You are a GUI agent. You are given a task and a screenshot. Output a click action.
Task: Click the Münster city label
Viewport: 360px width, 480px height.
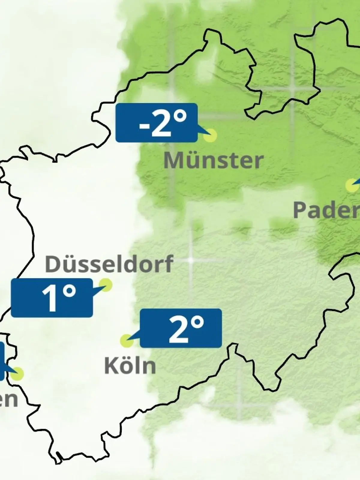pyautogui.click(x=213, y=160)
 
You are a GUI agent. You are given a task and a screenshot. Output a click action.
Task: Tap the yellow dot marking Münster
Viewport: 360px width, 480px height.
pyautogui.click(x=210, y=135)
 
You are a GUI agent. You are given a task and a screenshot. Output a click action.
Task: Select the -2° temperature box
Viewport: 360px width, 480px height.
pyautogui.click(x=156, y=122)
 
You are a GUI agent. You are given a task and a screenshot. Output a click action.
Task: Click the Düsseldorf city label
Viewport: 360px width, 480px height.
pyautogui.click(x=109, y=264)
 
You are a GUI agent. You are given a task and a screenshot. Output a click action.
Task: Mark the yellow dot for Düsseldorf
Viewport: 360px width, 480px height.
pyautogui.click(x=106, y=285)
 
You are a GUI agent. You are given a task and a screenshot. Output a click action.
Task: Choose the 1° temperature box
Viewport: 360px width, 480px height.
pyautogui.click(x=52, y=298)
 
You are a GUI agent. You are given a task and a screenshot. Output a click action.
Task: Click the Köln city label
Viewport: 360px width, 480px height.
pyautogui.click(x=130, y=366)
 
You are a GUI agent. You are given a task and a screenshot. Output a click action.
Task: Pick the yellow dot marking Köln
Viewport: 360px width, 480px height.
pyautogui.click(x=127, y=340)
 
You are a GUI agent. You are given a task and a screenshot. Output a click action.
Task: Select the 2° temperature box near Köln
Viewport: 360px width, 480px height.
pyautogui.click(x=181, y=328)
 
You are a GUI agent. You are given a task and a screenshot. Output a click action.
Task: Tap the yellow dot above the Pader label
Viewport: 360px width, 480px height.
pyautogui.click(x=352, y=185)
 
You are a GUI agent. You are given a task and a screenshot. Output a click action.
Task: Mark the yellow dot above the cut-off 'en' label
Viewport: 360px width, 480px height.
pyautogui.click(x=17, y=374)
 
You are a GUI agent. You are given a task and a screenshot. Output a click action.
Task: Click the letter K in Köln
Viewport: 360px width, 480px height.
pyautogui.click(x=110, y=366)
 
